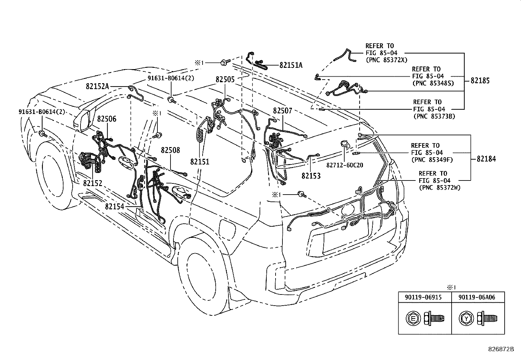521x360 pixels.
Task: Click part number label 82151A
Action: click(291, 65)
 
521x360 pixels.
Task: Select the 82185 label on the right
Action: click(480, 81)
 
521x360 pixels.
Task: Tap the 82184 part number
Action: click(486, 159)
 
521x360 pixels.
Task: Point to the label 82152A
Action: click(97, 86)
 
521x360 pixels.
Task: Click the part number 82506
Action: click(106, 119)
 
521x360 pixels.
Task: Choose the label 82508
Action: click(170, 150)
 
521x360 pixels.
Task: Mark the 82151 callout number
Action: click(200, 162)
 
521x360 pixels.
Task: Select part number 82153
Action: click(311, 176)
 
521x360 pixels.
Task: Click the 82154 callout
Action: click(115, 207)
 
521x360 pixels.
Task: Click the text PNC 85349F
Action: click(432, 160)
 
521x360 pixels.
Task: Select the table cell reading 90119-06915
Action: click(425, 297)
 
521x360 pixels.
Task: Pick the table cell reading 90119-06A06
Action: click(478, 297)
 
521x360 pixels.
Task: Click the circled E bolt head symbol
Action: click(412, 318)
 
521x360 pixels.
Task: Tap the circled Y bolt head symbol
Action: click(465, 318)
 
